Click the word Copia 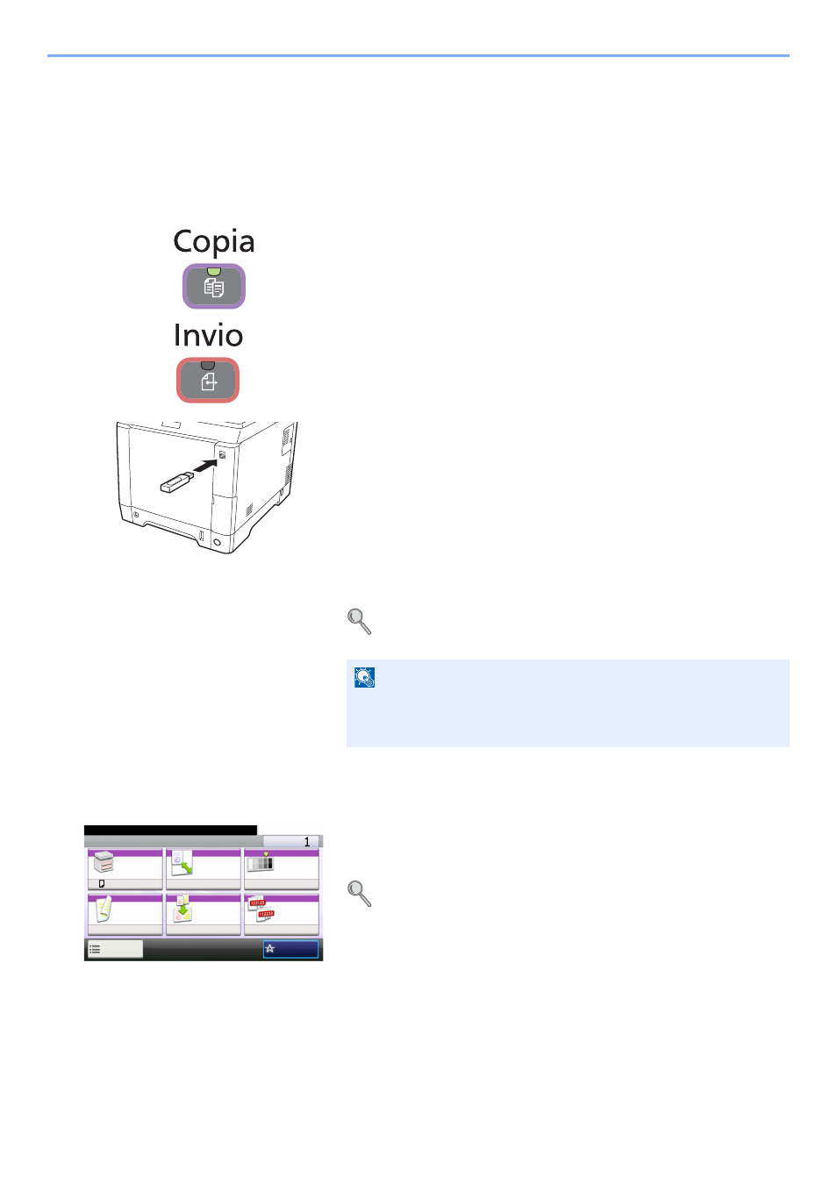213,242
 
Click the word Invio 208,335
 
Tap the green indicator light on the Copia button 213,271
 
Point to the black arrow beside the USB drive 205,465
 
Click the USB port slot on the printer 222,454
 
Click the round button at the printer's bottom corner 217,542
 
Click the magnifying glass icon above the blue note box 359,621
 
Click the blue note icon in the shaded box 364,677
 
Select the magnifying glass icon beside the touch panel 359,894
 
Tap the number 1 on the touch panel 307,842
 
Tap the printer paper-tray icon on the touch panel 104,862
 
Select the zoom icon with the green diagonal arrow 182,862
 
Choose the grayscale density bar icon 261,863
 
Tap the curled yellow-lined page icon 104,908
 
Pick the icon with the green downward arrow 182,909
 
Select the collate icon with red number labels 261,909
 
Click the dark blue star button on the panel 290,949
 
